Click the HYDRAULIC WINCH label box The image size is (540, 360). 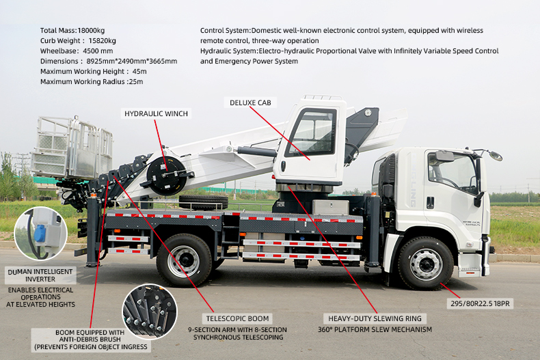click(x=156, y=113)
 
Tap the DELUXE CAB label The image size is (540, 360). click(x=250, y=102)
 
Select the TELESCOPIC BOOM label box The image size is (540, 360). click(x=239, y=318)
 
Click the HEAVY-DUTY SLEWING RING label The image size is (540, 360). click(x=375, y=318)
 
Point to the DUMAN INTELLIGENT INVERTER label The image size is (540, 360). click(x=42, y=275)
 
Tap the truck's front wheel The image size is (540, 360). click(x=425, y=263)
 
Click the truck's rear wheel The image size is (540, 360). click(x=184, y=260)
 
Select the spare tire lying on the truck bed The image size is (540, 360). click(x=203, y=202)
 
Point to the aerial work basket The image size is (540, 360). click(x=72, y=148)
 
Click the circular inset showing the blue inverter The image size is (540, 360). click(x=40, y=233)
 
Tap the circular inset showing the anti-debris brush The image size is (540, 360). click(x=150, y=311)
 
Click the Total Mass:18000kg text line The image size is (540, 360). click(x=72, y=31)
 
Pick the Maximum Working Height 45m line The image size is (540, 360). click(x=93, y=71)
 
